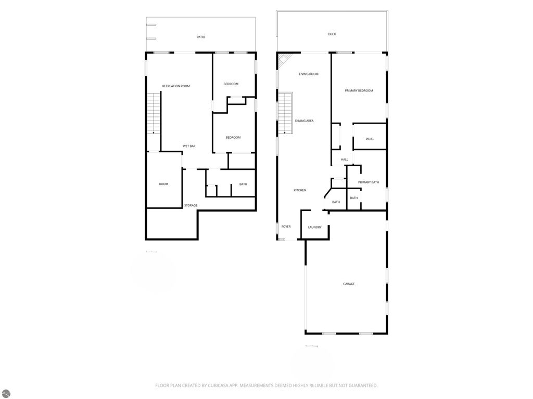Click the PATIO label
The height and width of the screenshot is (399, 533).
point(200,37)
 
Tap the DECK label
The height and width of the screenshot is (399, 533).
point(332,34)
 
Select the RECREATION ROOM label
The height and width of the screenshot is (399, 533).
point(176,86)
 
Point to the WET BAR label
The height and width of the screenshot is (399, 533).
point(189,146)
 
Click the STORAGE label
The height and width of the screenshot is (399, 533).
point(191,205)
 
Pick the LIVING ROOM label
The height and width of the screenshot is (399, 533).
point(309,74)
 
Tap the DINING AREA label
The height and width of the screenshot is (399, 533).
point(304,121)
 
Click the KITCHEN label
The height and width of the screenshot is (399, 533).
point(300,190)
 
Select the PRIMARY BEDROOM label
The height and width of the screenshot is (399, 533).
point(359,90)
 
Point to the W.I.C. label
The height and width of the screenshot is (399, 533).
point(370,139)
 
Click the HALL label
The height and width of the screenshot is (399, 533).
point(345,159)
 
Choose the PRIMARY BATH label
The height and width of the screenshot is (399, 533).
point(369,182)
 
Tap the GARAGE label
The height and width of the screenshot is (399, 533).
point(349,284)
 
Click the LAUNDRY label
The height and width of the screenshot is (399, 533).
point(315,227)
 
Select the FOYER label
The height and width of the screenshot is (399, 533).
point(286,227)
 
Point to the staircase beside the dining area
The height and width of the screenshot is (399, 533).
point(285,113)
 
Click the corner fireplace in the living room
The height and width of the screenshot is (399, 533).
point(284,60)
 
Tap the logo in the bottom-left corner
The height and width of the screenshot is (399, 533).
point(6,393)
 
